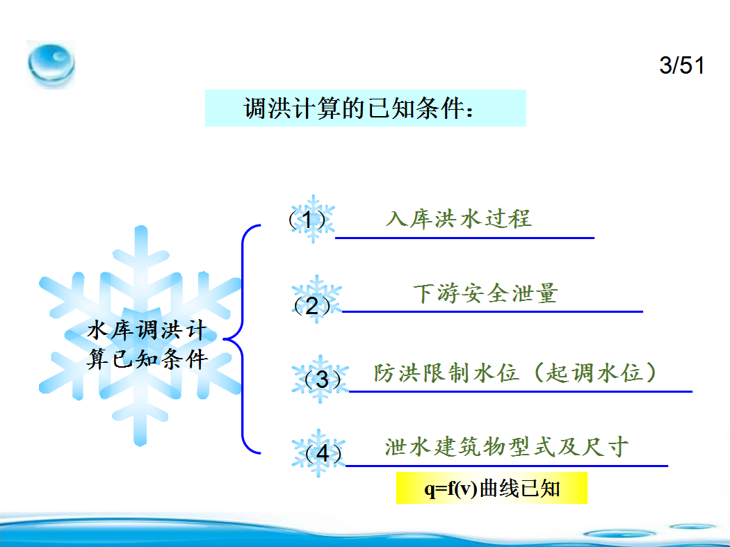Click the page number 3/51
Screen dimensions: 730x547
[681, 65]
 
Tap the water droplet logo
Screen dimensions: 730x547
[51, 65]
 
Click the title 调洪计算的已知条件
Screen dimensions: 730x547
[357, 108]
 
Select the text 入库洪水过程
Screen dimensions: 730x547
[459, 219]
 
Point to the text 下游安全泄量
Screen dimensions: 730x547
[485, 293]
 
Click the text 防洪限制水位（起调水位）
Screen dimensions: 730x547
[516, 373]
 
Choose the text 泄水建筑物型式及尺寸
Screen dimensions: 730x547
[507, 447]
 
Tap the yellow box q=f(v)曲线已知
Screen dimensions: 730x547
[492, 488]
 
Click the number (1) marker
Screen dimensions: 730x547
[307, 219]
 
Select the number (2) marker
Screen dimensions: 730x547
[312, 305]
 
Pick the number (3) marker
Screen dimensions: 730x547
[322, 379]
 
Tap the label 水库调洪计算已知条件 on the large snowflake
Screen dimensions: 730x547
[147, 345]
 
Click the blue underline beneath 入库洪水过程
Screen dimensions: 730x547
[464, 238]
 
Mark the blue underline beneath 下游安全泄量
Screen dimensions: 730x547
[492, 311]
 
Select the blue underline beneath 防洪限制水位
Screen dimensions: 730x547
[521, 391]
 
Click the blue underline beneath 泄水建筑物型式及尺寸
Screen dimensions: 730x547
[507, 466]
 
